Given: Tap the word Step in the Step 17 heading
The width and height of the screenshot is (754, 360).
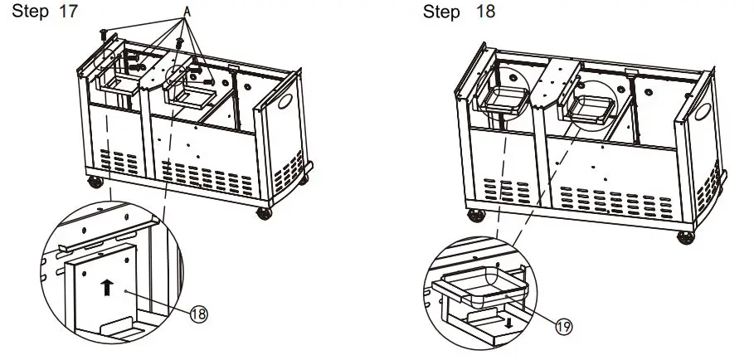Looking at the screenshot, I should coord(27,14).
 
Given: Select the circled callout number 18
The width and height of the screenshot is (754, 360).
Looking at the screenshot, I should coord(199,314).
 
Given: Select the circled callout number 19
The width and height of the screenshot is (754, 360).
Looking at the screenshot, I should coord(562,327).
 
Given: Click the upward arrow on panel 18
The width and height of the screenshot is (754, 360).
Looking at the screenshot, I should coord(105,288).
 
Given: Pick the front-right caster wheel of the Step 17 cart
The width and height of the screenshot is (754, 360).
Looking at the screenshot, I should coord(265,213).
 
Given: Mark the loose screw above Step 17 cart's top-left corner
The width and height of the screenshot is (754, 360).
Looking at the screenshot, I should coord(104,33).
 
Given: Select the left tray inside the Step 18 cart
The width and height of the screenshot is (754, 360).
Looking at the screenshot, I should coord(503,101).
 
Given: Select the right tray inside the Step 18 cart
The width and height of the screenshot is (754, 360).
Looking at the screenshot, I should coord(594,108).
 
